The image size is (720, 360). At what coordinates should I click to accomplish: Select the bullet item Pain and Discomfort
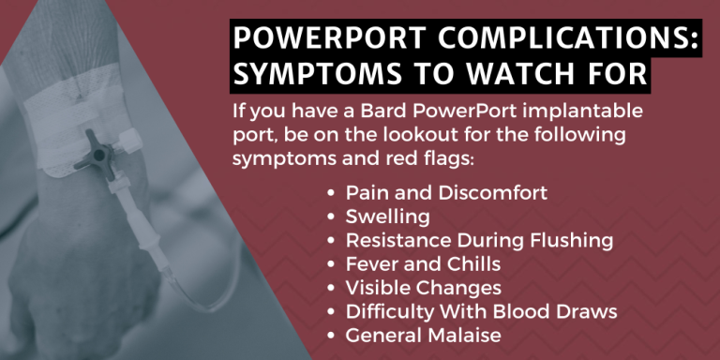446,192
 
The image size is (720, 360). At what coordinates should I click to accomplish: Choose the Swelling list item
388,217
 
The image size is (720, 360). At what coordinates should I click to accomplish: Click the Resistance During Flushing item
479,240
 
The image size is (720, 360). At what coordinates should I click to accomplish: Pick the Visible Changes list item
424,287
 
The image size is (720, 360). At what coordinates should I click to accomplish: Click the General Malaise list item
419,334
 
